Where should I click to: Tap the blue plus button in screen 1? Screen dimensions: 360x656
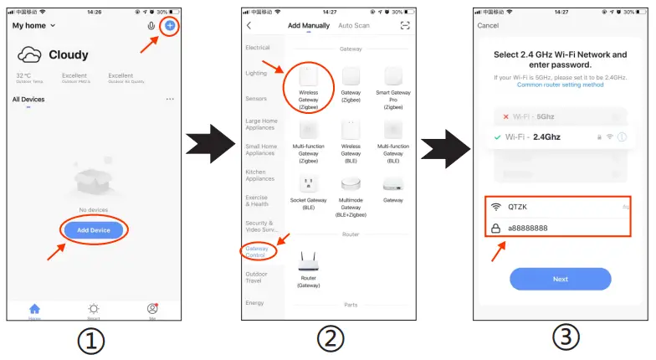coord(170,26)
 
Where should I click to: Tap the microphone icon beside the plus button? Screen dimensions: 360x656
coord(151,26)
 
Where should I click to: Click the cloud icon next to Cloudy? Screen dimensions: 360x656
coord(30,55)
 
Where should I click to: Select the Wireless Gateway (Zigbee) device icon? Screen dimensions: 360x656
coord(308,80)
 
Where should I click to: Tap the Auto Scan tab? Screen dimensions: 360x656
coord(353,26)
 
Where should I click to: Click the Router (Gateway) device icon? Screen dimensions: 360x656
coord(308,261)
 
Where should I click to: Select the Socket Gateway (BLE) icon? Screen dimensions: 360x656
coord(308,183)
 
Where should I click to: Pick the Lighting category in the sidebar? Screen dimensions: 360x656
coord(257,74)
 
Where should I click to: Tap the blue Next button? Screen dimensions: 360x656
coord(560,279)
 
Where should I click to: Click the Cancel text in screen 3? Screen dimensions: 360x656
coord(488,26)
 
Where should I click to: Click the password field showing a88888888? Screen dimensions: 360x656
coord(560,227)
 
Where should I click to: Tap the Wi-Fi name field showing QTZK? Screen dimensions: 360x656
coord(560,206)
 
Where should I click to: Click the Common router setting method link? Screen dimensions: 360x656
coord(560,85)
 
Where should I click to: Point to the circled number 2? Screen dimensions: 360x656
coord(331,340)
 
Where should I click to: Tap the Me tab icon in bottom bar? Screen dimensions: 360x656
coord(152,309)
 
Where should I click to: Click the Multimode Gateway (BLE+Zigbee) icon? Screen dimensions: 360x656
coord(351,183)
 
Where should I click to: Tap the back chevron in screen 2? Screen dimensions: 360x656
coord(249,26)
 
